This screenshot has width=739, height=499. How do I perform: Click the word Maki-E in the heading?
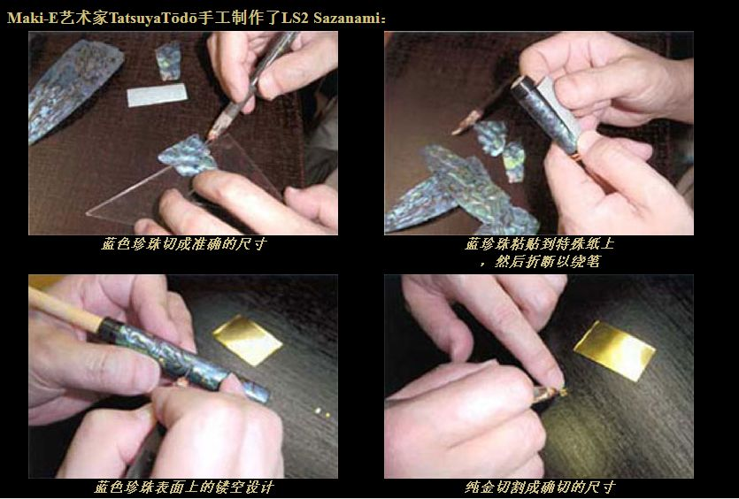(29, 17)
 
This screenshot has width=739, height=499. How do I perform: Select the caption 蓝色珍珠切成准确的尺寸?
(183, 244)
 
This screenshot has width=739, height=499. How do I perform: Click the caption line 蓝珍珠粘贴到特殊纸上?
(538, 244)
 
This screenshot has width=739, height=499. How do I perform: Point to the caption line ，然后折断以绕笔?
(538, 261)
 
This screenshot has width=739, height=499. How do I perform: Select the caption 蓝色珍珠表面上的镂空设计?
(183, 487)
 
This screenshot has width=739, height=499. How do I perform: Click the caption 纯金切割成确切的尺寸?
(538, 487)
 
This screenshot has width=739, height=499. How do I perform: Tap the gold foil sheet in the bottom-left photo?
(247, 339)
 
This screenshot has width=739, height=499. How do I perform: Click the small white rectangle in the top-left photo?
(158, 95)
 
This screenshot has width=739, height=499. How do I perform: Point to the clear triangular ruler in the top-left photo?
(133, 199)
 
